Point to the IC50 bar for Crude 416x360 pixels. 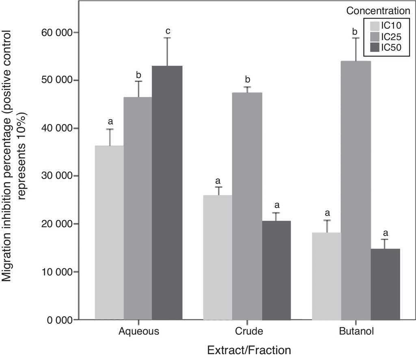click(x=276, y=270)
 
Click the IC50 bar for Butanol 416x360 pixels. click(x=385, y=284)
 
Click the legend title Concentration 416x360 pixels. click(x=378, y=11)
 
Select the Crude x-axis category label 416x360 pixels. click(x=249, y=331)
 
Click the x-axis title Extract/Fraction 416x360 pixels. click(x=249, y=350)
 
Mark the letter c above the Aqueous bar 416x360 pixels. click(x=167, y=31)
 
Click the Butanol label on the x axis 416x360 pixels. click(x=356, y=331)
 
